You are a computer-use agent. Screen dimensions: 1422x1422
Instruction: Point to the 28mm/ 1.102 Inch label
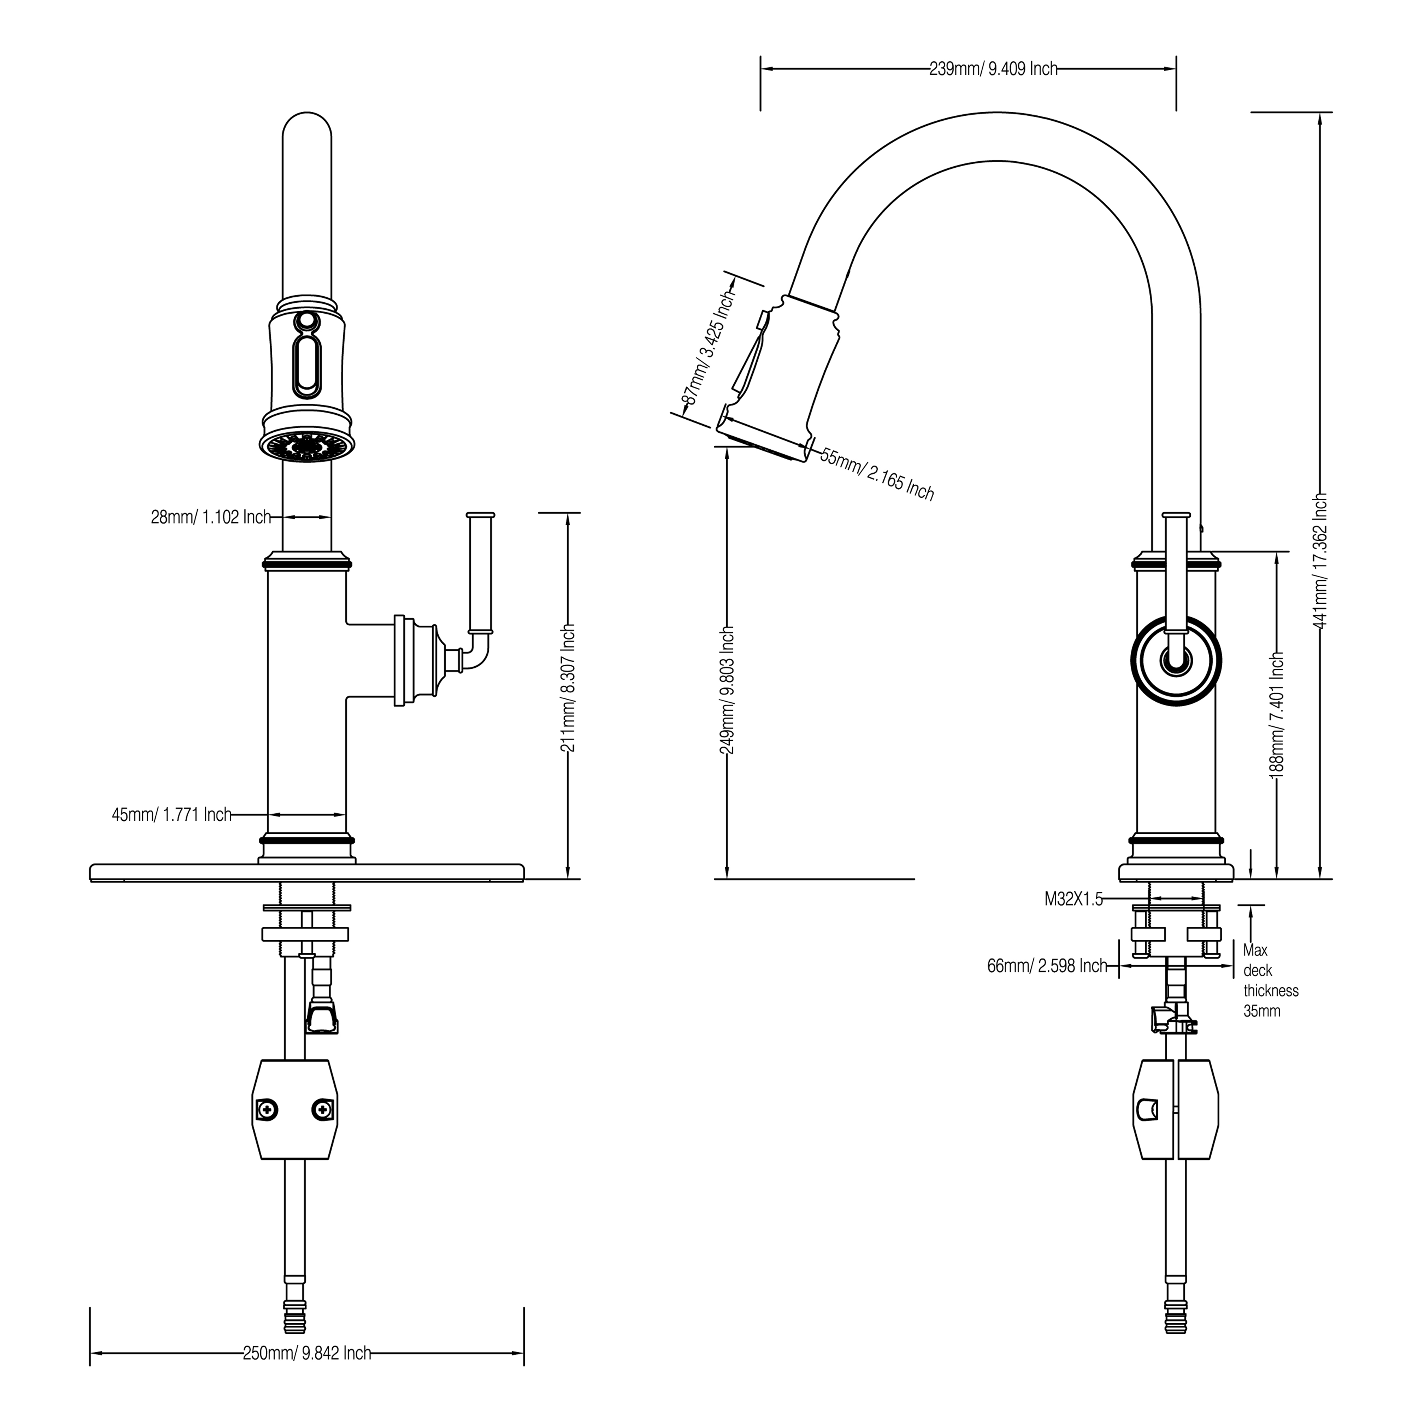pos(211,518)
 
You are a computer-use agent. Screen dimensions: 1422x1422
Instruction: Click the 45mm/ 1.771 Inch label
pos(171,815)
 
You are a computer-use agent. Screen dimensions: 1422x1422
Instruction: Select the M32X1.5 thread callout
pos(1073,899)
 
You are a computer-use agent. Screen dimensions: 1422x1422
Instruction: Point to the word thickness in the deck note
pos(1271,991)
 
